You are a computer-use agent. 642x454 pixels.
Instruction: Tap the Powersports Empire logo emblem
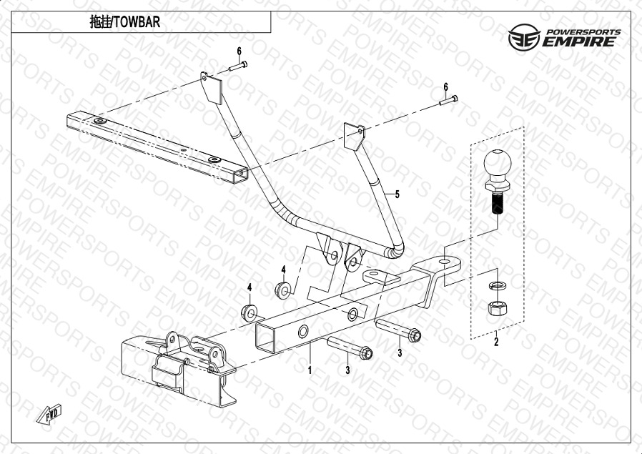[524, 37]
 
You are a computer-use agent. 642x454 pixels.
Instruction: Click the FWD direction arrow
[49, 414]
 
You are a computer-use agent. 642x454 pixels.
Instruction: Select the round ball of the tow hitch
[498, 163]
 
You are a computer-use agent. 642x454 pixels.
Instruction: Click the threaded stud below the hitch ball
[498, 204]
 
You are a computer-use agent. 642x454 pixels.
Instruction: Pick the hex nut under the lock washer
[498, 307]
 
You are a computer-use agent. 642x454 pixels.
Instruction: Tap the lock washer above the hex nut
[498, 285]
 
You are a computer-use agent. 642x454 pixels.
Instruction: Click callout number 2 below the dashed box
[496, 342]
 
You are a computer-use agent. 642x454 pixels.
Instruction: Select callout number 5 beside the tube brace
[397, 194]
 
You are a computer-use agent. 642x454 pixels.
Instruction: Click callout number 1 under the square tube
[310, 370]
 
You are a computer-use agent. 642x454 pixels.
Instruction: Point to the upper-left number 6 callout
[239, 51]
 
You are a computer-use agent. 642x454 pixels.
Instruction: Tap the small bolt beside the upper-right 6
[448, 100]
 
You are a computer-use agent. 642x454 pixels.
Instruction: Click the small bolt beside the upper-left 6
[238, 66]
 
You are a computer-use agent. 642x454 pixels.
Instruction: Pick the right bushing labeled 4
[283, 290]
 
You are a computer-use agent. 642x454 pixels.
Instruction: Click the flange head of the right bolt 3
[415, 336]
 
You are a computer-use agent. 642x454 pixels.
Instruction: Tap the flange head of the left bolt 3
[366, 353]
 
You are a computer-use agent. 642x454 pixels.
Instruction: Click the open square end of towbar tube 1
[266, 337]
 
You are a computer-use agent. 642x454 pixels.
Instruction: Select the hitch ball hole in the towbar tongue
[444, 261]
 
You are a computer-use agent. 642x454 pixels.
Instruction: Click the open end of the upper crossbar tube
[240, 176]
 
